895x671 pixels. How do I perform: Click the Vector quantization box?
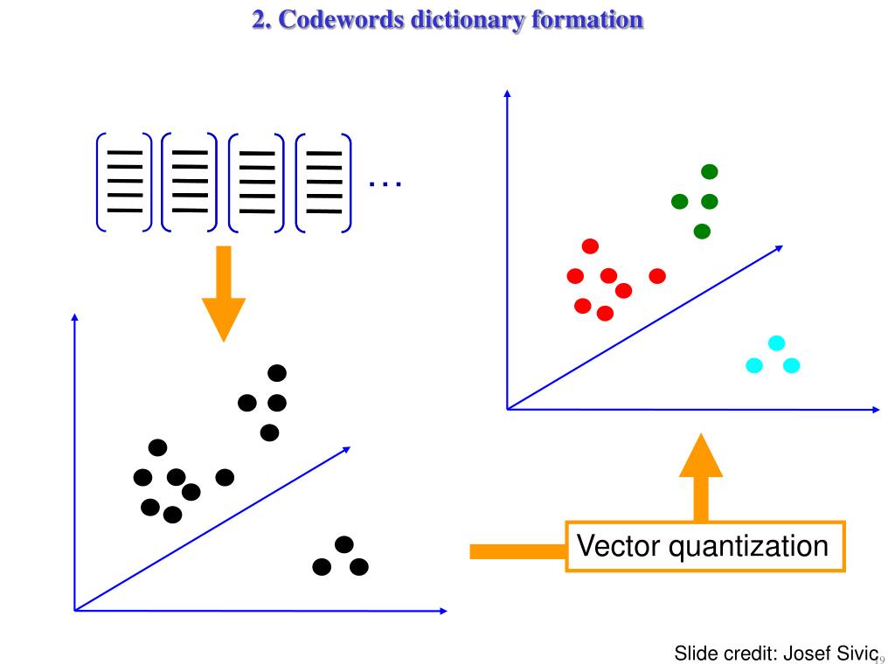(704, 547)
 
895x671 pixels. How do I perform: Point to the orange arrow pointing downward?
(224, 293)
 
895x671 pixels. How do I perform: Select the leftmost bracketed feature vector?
(124, 182)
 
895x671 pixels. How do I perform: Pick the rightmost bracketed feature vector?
(324, 182)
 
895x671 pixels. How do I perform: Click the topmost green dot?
(710, 172)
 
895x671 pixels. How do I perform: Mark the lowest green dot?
(702, 232)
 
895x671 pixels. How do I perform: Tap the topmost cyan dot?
(776, 343)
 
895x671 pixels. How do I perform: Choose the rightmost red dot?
(657, 276)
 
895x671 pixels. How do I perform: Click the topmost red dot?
(590, 246)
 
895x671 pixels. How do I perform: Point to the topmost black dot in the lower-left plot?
(277, 373)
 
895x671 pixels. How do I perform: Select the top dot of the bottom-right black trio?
(343, 544)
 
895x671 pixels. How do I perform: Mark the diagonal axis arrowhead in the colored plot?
(779, 247)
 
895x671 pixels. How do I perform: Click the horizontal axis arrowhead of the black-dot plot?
(443, 610)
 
